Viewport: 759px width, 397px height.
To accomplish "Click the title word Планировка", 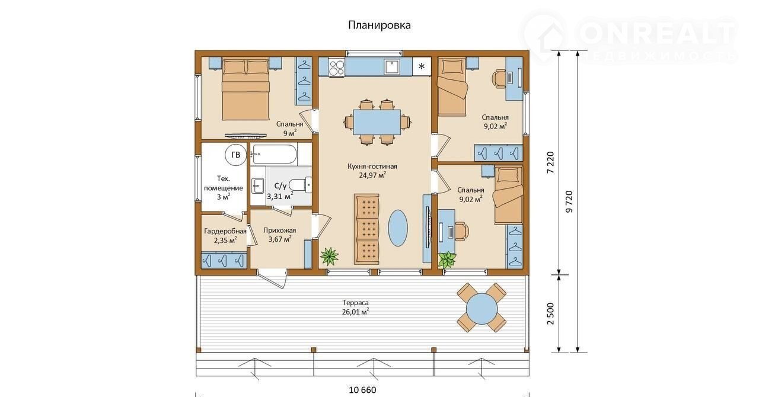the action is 379,25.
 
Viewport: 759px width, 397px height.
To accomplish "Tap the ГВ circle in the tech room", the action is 236,155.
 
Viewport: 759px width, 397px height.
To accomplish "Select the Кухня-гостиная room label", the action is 372,167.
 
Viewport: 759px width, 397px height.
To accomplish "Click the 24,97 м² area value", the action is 373,175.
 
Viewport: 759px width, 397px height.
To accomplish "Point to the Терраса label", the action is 355,303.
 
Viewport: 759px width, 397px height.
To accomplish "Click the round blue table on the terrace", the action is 481,309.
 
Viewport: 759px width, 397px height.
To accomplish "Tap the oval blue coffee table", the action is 398,228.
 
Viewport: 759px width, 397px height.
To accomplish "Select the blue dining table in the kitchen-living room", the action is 377,122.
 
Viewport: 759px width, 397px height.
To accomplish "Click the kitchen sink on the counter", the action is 392,66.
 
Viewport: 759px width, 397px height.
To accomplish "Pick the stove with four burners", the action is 336,67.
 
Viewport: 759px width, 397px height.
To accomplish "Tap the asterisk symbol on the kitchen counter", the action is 422,66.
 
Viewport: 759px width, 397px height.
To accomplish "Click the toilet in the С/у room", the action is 301,185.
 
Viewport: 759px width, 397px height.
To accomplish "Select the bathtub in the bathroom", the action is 275,155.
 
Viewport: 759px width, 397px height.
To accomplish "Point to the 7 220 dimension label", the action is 551,162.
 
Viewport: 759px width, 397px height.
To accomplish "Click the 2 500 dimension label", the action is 551,313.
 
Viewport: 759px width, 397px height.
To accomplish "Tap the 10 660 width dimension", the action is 362,390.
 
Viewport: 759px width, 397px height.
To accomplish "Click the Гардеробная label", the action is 225,231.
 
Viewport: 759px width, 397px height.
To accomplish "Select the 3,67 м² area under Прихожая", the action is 280,239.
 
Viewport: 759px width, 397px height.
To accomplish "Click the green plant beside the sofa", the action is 329,256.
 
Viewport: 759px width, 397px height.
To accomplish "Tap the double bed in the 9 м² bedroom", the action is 245,89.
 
